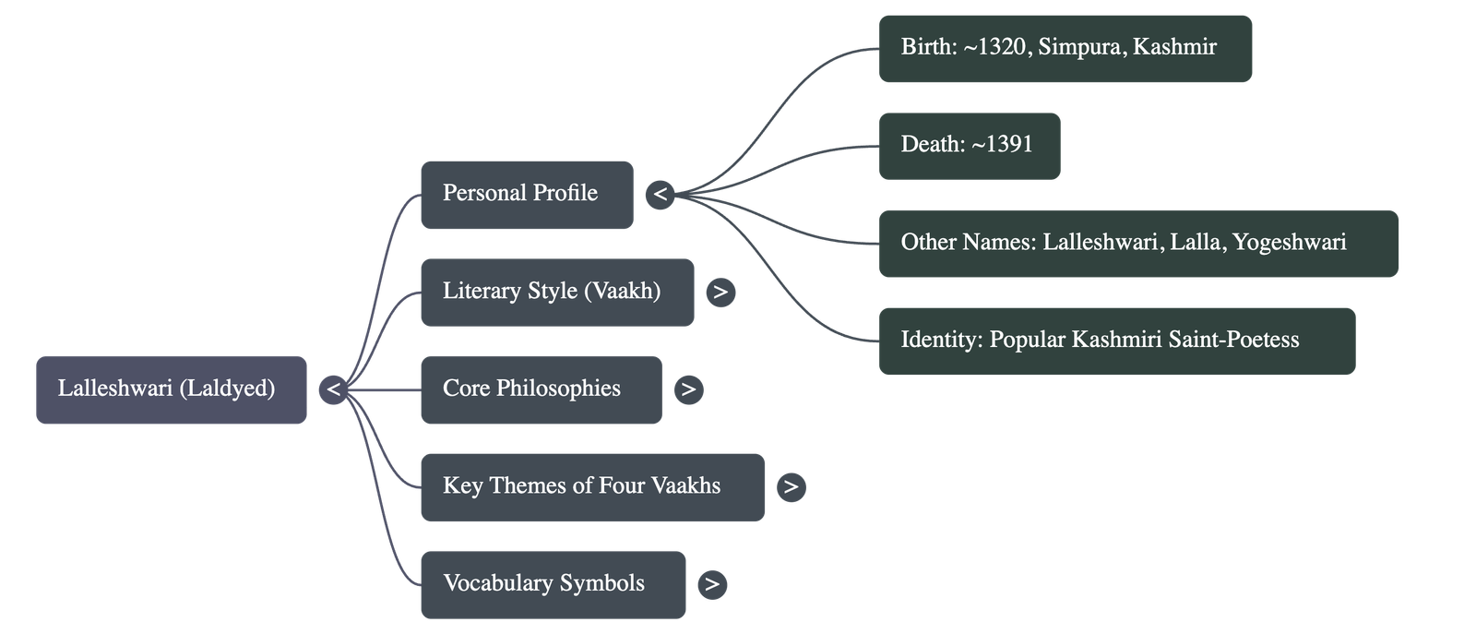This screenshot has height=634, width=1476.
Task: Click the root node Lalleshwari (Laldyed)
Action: [x=171, y=389]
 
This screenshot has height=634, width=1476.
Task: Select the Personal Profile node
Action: [x=527, y=195]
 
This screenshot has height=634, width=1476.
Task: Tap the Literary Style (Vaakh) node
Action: [x=557, y=292]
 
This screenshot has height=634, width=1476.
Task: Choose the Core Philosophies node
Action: [x=541, y=389]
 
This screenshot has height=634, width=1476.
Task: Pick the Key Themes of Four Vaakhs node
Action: [x=591, y=486]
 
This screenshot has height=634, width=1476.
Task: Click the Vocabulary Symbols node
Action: [x=553, y=584]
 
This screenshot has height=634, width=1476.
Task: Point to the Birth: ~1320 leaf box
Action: [x=1065, y=48]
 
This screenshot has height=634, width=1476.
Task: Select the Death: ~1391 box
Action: [x=969, y=146]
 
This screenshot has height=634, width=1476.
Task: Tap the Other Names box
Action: [x=1137, y=244]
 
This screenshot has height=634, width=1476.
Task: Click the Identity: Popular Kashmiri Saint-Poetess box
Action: [x=1116, y=341]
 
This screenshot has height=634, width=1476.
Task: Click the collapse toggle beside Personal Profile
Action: [x=660, y=195]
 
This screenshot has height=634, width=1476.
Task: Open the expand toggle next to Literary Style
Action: [x=720, y=293]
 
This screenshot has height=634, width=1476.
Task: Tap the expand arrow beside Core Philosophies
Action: [x=688, y=389]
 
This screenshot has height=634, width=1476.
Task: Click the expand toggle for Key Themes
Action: [x=791, y=487]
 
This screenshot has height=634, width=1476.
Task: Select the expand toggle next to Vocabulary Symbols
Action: [x=711, y=584]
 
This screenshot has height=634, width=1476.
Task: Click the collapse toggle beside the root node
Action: [x=333, y=389]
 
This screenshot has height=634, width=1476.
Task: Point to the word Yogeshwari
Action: [x=1290, y=243]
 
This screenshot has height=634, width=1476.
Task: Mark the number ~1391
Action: [x=1002, y=145]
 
